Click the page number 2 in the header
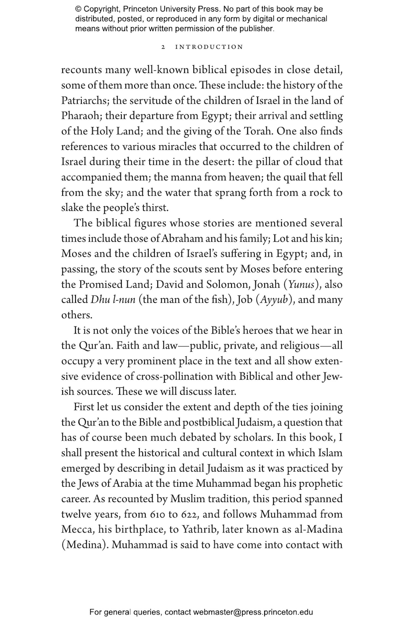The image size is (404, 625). [x=163, y=47]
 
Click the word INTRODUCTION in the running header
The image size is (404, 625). [x=209, y=47]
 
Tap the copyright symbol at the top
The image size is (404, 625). [x=78, y=9]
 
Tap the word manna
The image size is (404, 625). [x=186, y=177]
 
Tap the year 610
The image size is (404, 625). [x=158, y=514]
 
